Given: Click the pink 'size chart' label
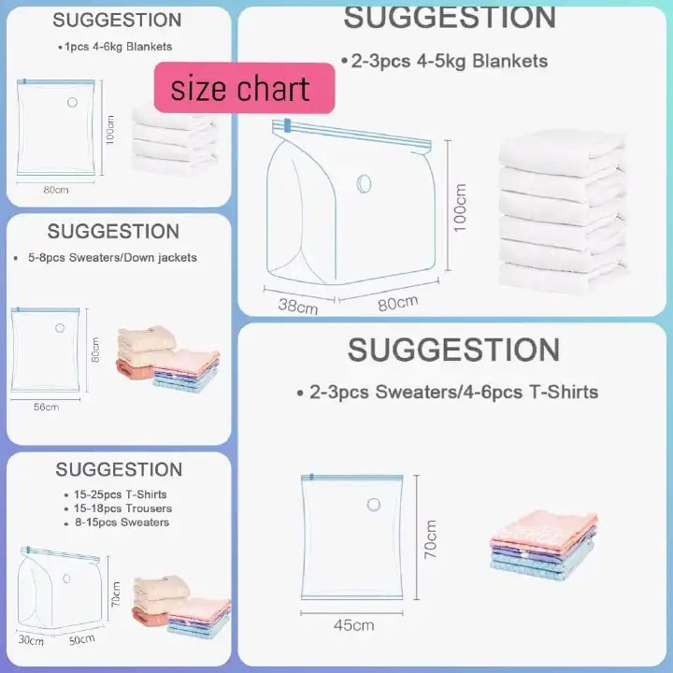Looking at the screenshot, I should [243, 88].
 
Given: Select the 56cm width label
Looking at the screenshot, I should [46, 407].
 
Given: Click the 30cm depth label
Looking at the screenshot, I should [31, 640].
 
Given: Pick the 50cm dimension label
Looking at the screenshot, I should [81, 638].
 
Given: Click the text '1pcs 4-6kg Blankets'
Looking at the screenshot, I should [118, 46].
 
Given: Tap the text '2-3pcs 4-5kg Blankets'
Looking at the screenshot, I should [449, 62].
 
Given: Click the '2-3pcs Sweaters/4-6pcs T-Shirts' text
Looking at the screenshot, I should [453, 392].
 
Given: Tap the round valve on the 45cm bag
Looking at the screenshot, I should [374, 505].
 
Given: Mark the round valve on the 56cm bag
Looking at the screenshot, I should [61, 328].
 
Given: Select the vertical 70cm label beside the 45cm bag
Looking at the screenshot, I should [431, 540].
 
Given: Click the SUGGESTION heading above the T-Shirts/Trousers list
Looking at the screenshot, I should [119, 469].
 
